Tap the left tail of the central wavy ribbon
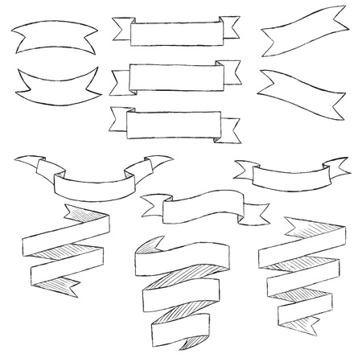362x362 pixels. point(151,208)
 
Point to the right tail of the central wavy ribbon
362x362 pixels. point(256,212)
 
